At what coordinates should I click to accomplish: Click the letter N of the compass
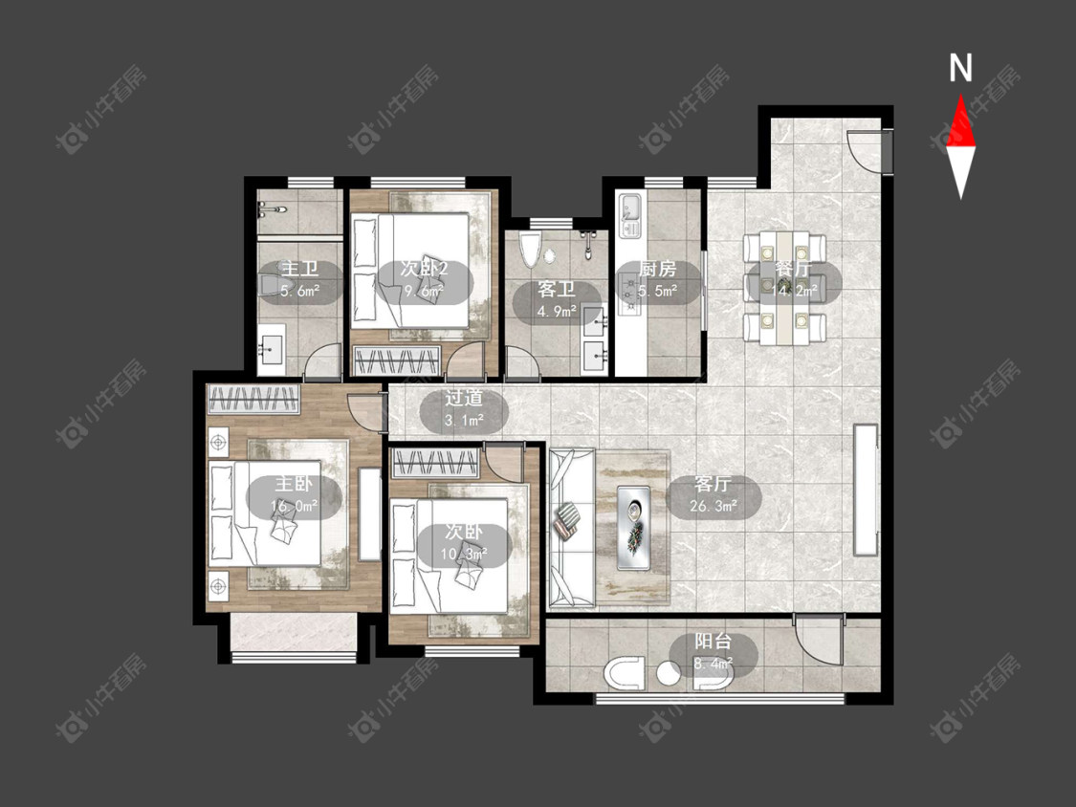coord(960,68)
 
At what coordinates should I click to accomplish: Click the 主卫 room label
coord(300,270)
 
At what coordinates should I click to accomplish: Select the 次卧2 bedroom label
coord(424,269)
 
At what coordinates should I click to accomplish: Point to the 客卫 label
coord(557,289)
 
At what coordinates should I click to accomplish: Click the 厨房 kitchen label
coord(657,269)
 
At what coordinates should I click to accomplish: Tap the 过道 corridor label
coord(464,398)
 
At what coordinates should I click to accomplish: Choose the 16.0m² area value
coord(294,507)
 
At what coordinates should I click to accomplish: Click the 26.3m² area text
coord(714,507)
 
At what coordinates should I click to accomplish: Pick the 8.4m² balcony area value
coord(714,664)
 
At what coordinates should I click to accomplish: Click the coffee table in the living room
coord(633,527)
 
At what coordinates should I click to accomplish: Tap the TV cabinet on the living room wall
coord(866,490)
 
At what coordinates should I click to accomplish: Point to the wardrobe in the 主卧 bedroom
coord(253,399)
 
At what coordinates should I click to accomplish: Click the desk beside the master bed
coord(369,514)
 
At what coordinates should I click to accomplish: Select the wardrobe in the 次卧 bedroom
coord(434,463)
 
